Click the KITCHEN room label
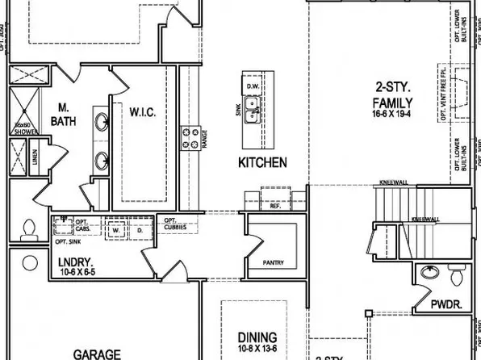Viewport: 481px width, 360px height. point(262,162)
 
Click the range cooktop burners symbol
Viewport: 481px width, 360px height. point(194,138)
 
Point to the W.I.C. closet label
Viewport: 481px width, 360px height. point(139,111)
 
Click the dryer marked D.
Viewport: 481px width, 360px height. point(138,229)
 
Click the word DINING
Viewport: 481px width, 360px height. point(257,337)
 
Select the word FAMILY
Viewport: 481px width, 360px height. point(393,103)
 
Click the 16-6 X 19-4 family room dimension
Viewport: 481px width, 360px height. point(392,116)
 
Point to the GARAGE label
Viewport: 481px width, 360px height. point(98,354)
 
